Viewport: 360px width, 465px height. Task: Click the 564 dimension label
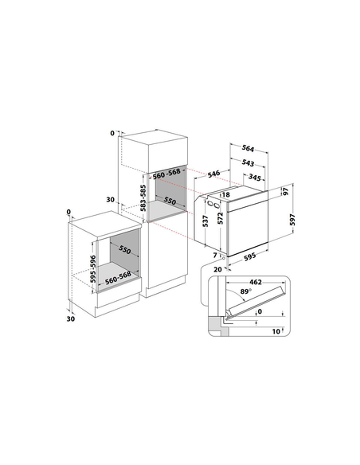coord(248,148)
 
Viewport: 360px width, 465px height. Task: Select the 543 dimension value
coord(248,162)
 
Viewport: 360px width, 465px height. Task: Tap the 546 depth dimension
coord(213,174)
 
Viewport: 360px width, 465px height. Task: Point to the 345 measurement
coord(254,178)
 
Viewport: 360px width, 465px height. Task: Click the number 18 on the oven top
coord(226,194)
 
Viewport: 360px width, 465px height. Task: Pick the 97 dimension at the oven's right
coord(286,192)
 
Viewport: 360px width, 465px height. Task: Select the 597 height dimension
coord(292,220)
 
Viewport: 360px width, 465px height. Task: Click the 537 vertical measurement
coord(205,221)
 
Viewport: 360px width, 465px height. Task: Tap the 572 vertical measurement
coord(221,218)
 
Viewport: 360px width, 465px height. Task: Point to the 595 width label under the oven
coord(249,256)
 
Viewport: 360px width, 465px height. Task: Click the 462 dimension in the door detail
coord(256,282)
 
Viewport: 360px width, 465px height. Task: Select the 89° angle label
coord(245,291)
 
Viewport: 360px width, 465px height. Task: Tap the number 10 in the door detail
coord(276,331)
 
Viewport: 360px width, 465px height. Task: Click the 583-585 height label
coord(143,197)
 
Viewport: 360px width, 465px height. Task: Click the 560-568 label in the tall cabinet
coord(166,174)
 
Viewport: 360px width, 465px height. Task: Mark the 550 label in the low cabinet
coord(125,250)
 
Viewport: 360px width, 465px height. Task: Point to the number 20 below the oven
coord(217,270)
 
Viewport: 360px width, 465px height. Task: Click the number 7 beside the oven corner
coord(215,255)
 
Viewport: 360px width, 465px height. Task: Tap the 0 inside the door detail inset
coord(260,311)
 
